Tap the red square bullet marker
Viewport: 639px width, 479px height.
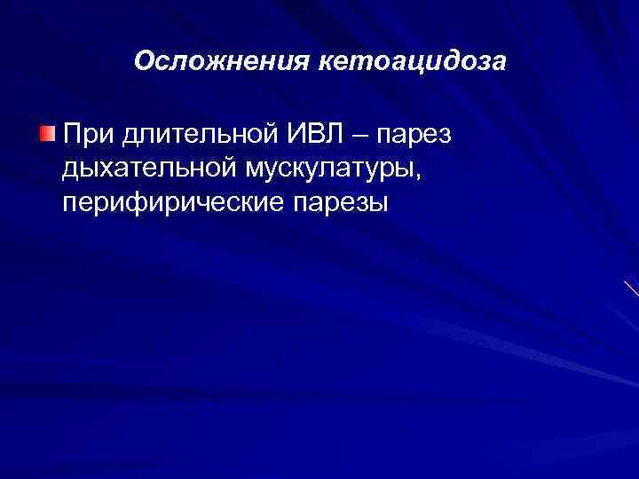point(47,133)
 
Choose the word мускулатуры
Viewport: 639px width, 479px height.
point(324,169)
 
